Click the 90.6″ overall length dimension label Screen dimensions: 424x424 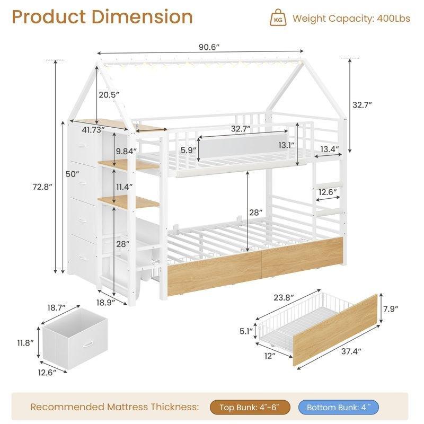tap(209, 47)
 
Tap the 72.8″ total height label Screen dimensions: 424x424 tap(42, 187)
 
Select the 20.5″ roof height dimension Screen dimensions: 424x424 tap(109, 95)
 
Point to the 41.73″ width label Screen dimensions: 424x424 tap(93, 130)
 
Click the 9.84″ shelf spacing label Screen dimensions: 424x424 tap(126, 151)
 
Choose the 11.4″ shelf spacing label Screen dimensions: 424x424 tap(125, 187)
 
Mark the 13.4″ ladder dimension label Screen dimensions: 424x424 tap(330, 149)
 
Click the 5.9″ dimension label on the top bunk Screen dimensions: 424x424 tap(188, 149)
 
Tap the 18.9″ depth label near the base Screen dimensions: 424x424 tap(105, 302)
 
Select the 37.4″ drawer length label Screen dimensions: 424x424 tap(351, 351)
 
